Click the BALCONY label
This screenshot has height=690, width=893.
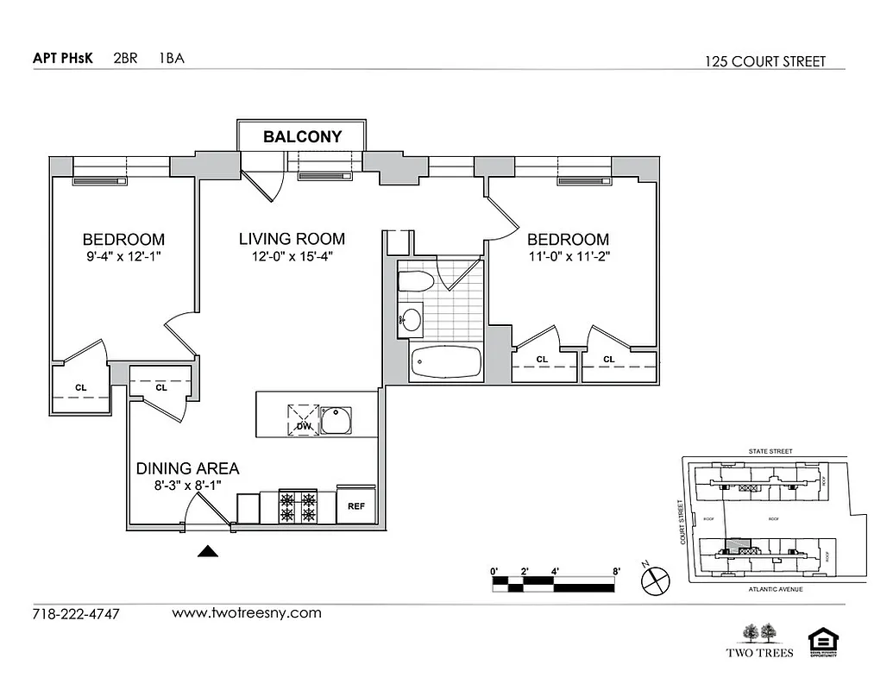(x=302, y=136)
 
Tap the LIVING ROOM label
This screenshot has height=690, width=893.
(x=292, y=239)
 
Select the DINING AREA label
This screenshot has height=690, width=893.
(x=187, y=469)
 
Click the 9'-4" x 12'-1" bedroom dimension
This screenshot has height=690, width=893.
(x=123, y=256)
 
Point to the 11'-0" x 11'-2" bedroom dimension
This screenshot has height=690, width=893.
(x=568, y=256)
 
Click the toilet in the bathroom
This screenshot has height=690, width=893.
(x=415, y=282)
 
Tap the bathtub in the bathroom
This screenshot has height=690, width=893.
(x=445, y=362)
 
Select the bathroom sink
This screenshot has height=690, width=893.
(x=412, y=321)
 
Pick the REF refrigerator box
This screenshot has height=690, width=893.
(x=355, y=505)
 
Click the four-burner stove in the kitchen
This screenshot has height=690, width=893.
(x=298, y=506)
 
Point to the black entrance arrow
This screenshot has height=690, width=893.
(x=207, y=552)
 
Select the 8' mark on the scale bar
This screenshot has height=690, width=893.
(x=616, y=570)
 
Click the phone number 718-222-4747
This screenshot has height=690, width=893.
(x=76, y=614)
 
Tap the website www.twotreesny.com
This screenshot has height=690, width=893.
(x=247, y=613)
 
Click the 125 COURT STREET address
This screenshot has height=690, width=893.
(x=764, y=61)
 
